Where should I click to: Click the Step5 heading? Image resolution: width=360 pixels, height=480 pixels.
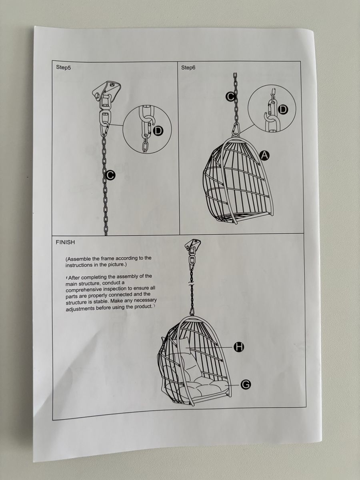coord(63,67)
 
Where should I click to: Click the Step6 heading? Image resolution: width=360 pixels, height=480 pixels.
coord(188,68)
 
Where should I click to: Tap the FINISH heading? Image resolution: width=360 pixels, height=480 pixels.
coord(65,242)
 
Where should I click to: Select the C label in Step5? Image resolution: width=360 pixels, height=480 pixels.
coord(110,175)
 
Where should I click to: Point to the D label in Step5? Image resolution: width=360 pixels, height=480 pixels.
coord(158,131)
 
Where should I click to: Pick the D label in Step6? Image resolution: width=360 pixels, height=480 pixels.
coord(283,109)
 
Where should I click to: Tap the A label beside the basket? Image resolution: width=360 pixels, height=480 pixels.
coord(264,156)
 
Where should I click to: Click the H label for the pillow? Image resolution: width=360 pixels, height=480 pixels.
coord(239,347)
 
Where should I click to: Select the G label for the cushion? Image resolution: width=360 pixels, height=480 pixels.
coord(246,384)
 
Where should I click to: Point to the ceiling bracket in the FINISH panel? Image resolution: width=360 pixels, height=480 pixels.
coord(192,245)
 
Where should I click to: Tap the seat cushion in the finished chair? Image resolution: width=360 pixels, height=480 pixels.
coord(197,387)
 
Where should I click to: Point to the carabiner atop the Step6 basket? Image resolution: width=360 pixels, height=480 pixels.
coord(236,130)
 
